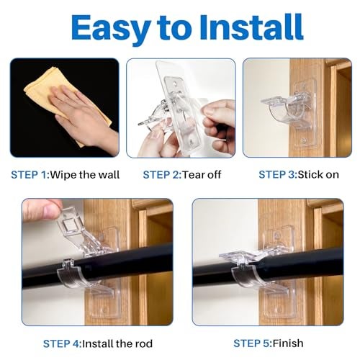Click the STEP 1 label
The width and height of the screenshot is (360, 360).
click(30, 175)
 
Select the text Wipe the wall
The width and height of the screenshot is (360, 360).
click(86, 175)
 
